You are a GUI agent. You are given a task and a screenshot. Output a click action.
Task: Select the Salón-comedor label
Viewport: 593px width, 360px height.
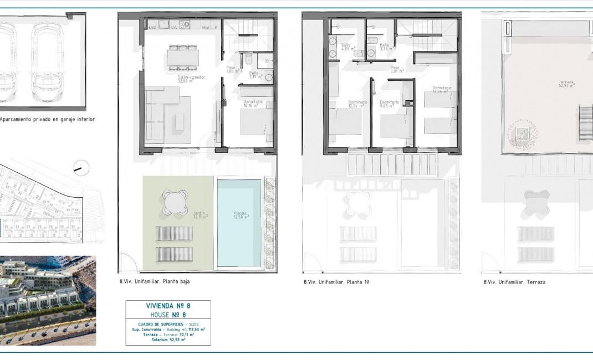(191, 79)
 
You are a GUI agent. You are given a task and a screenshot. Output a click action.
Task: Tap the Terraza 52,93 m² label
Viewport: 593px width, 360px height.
(566, 84)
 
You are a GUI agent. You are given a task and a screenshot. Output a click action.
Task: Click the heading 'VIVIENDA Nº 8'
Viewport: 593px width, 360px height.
(168, 305)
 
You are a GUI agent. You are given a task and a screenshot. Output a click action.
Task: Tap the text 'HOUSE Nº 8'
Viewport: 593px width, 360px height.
(168, 314)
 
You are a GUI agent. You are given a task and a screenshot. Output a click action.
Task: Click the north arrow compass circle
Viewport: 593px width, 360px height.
(81, 166)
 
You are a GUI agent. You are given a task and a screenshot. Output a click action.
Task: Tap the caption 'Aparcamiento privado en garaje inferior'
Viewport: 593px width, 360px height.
(47, 119)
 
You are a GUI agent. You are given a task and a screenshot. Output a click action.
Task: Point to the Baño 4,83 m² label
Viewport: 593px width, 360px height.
(347, 47)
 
